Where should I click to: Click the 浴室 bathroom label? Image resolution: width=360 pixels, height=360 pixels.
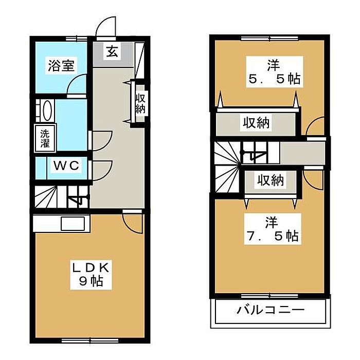[62, 66]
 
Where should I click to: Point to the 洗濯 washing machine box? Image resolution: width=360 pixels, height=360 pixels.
[45, 137]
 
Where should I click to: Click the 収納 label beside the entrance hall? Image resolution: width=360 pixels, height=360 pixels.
[140, 103]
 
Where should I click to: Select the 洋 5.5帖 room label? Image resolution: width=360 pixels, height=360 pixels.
[273, 73]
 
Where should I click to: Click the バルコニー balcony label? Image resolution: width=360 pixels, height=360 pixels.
[271, 311]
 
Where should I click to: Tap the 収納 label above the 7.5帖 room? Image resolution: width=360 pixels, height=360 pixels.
[270, 181]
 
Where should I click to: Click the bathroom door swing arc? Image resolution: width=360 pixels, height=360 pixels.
[77, 84]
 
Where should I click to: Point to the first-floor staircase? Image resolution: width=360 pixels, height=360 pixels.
[60, 197]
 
